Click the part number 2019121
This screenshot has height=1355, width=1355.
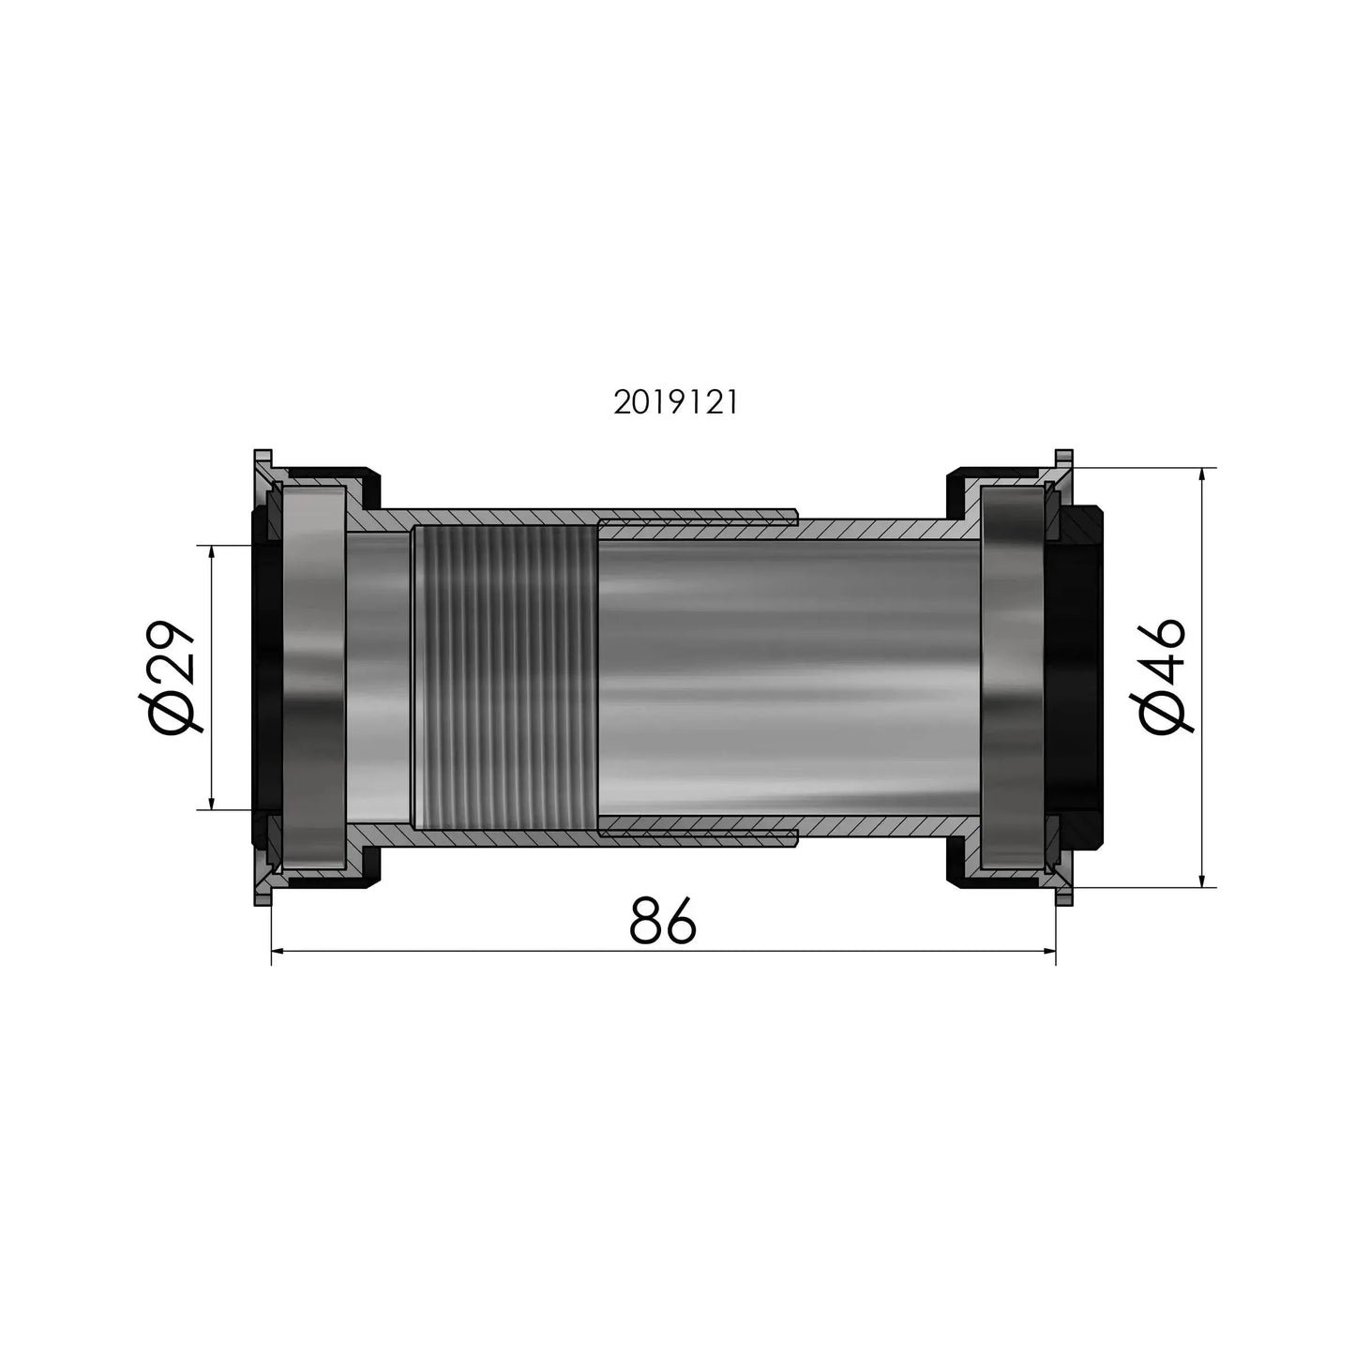676,403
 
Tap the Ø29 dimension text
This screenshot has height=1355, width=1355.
167,677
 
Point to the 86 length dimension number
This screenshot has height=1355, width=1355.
662,921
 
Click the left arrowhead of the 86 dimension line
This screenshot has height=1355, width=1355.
278,952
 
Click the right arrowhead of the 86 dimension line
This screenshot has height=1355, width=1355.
1049,952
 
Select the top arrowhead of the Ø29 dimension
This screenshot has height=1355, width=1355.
212,552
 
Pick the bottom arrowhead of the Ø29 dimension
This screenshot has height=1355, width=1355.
212,803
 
